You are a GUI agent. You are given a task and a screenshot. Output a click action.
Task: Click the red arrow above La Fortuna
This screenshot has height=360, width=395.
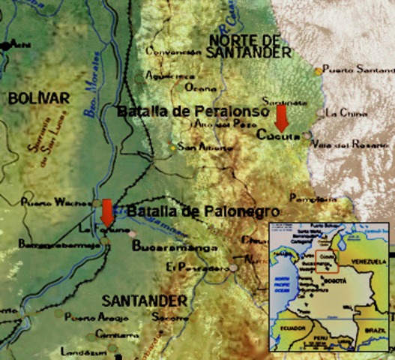[x=107, y=212]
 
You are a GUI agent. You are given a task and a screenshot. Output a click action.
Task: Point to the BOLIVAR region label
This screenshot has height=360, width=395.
[x=38, y=98]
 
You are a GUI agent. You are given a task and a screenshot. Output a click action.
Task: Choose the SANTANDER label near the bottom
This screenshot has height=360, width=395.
[x=144, y=300]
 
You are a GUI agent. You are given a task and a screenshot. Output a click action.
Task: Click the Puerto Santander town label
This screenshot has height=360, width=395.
[x=355, y=70]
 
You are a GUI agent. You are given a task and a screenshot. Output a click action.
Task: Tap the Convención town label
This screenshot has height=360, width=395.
[x=174, y=52]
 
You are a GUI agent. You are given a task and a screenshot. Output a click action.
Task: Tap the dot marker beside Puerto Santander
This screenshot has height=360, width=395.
[x=319, y=70]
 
